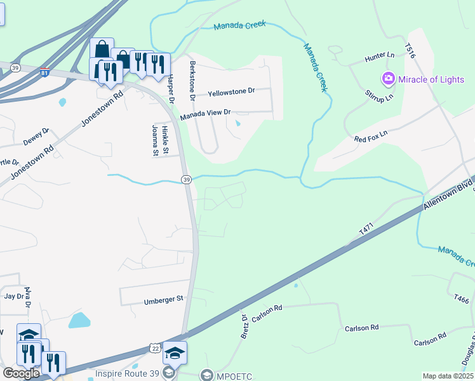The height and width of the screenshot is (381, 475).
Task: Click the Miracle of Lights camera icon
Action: [387, 79]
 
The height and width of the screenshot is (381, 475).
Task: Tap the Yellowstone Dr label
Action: [231, 91]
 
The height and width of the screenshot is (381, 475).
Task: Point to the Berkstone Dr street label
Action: [192, 80]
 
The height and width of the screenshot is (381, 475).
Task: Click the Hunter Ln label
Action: [380, 57]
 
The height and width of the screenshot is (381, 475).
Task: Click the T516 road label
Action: [410, 51]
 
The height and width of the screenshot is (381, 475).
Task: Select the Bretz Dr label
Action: [243, 326]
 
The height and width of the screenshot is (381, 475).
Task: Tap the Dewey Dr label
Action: [36, 135]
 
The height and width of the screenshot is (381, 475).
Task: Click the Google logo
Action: [21, 373]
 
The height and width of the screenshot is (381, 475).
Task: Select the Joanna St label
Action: [154, 140]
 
